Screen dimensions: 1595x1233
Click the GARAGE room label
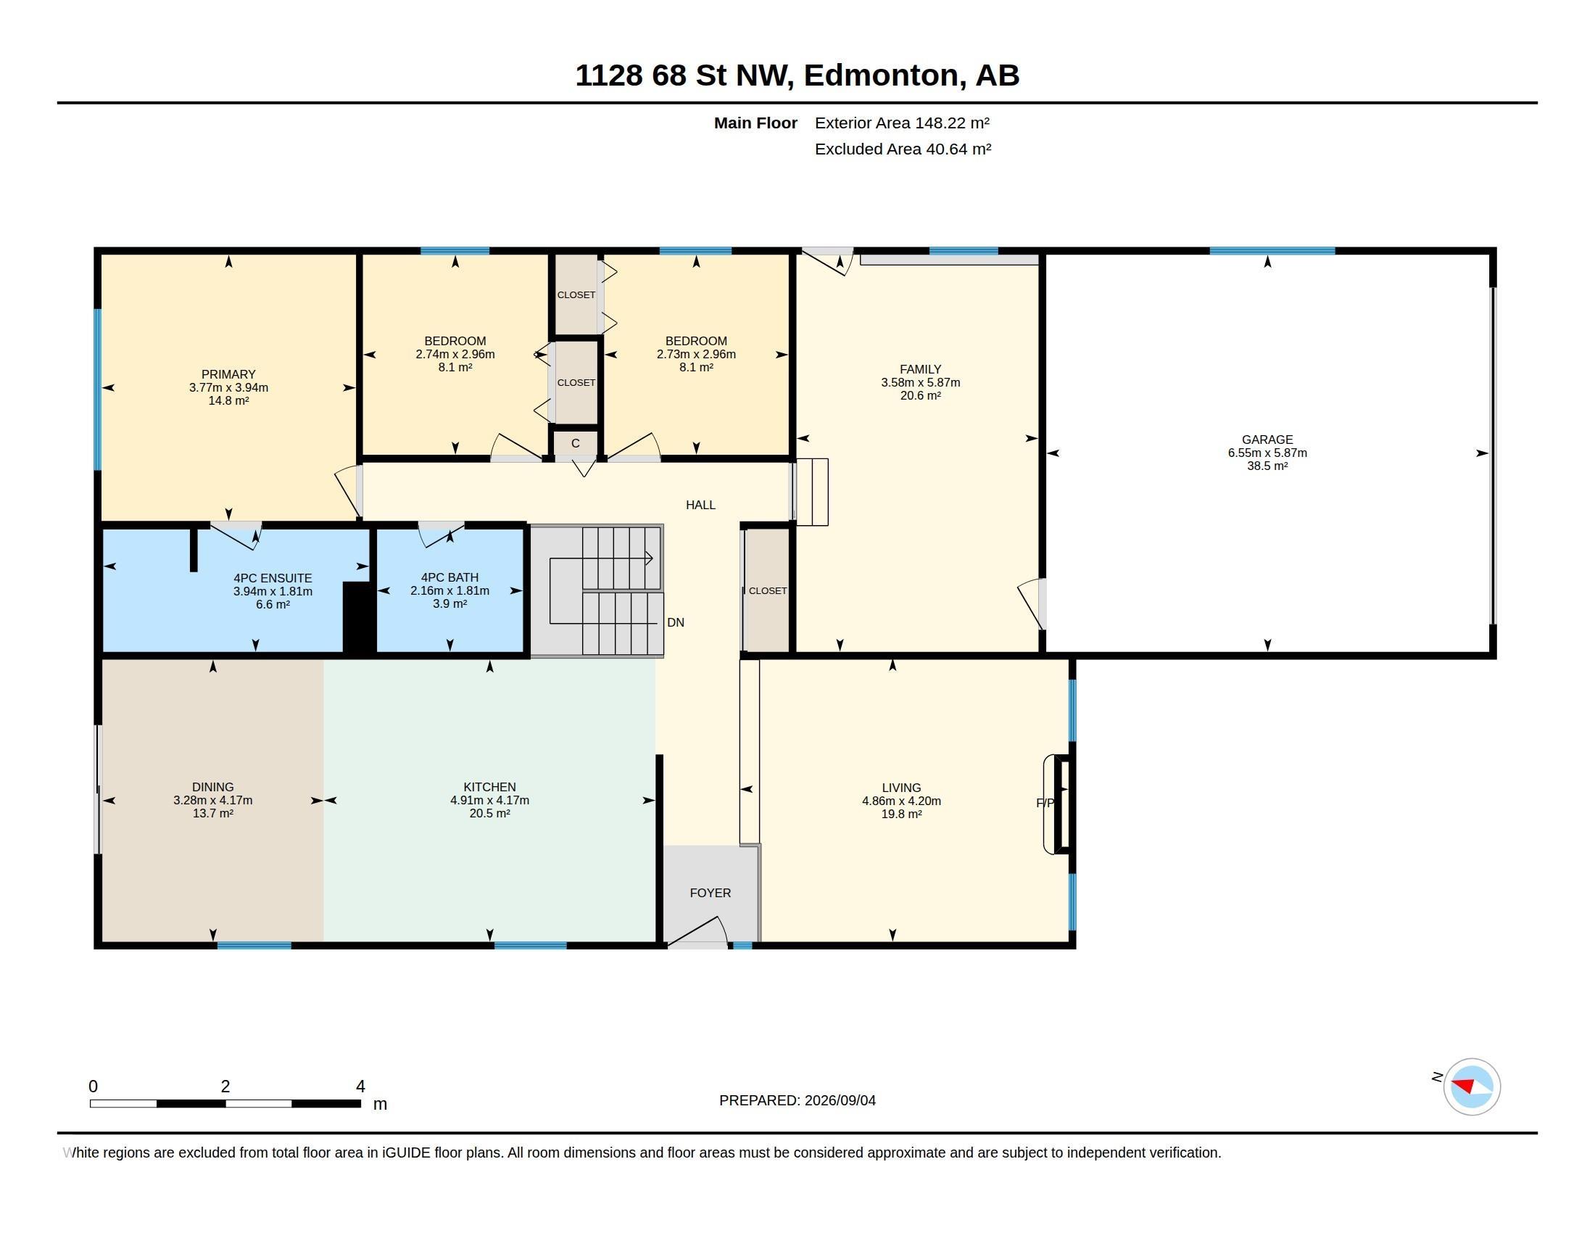(x=1267, y=440)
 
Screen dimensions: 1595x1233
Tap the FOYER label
(x=710, y=893)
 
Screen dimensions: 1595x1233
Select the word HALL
(x=700, y=505)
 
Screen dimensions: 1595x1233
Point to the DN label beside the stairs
(x=676, y=622)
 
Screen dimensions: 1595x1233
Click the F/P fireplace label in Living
(x=1045, y=803)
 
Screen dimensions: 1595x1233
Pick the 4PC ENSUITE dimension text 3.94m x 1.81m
(x=273, y=591)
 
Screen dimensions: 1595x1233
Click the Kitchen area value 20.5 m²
(x=489, y=813)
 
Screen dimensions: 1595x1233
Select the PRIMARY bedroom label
(x=228, y=375)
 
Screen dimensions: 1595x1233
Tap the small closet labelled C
(x=576, y=443)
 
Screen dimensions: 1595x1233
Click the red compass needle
(x=1463, y=1085)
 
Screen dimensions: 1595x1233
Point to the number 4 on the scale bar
(x=360, y=1086)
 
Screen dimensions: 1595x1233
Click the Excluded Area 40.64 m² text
(x=903, y=149)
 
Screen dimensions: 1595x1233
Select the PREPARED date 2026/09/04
(x=840, y=1100)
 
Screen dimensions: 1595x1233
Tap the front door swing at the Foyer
(x=699, y=931)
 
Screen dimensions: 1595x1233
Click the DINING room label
(x=212, y=787)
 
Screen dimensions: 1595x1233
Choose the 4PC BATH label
(x=450, y=578)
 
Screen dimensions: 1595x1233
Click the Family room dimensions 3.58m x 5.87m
(x=920, y=383)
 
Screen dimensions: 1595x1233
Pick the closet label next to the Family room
(x=768, y=590)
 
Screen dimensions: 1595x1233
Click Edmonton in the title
(x=882, y=75)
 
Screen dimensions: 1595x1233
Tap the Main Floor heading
(x=755, y=123)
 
